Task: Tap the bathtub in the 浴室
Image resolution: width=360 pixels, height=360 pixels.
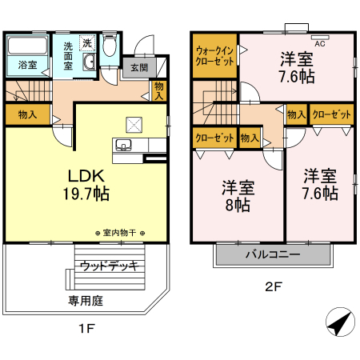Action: tap(27, 46)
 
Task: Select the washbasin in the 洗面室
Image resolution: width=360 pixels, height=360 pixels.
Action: tap(89, 62)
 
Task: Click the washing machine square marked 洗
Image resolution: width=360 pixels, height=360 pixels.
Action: tap(87, 43)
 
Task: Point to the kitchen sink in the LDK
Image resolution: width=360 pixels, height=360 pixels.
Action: tap(123, 146)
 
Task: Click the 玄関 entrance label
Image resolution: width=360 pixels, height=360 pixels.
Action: tap(139, 68)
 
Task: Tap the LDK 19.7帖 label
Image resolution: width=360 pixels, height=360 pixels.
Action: tap(86, 185)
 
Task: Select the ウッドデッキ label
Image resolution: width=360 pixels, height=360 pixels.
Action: tap(110, 266)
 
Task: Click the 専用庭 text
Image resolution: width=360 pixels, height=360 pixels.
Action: tap(86, 301)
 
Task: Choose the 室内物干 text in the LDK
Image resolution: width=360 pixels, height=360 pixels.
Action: tap(119, 233)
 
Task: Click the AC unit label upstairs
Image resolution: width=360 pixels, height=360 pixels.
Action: tap(320, 44)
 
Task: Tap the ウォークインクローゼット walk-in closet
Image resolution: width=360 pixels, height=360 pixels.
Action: tap(214, 56)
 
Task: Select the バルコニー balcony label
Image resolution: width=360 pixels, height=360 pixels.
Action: tap(273, 254)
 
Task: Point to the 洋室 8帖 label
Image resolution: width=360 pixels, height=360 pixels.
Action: tap(238, 196)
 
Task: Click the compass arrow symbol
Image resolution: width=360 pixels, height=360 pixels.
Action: tap(340, 322)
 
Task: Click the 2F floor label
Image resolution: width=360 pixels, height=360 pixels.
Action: tap(274, 286)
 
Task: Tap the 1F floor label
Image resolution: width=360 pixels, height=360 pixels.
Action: tap(87, 328)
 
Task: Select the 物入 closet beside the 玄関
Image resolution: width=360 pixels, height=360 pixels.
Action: tap(159, 91)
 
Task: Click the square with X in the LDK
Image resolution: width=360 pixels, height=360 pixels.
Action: tap(134, 125)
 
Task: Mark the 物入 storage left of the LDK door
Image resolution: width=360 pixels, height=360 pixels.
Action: tap(28, 114)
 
